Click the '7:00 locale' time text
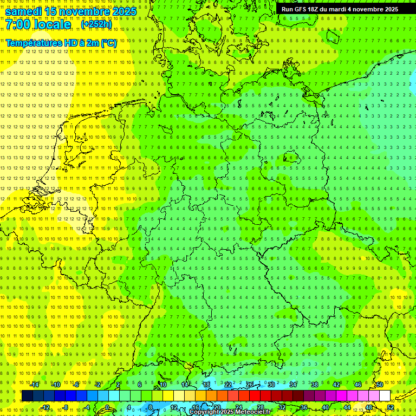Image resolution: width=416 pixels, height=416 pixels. [38, 25]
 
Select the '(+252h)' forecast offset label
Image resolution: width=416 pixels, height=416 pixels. [96, 24]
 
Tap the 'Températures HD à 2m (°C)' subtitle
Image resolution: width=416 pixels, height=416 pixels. [61, 43]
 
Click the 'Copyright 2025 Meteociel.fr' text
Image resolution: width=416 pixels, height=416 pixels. [230, 412]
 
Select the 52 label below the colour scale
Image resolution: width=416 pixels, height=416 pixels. [391, 407]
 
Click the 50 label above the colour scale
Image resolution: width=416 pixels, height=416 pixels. [380, 385]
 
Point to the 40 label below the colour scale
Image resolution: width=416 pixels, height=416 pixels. [326, 407]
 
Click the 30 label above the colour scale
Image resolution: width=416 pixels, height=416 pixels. [271, 385]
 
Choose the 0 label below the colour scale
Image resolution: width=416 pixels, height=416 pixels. [108, 407]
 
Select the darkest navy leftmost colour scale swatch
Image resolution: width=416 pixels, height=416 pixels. [27, 396]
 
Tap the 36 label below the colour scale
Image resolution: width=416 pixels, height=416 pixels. [304, 407]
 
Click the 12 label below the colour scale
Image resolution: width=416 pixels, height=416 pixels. [174, 407]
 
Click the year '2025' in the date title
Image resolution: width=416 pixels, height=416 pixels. [124, 11]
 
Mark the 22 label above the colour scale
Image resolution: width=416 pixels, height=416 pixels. [228, 385]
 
